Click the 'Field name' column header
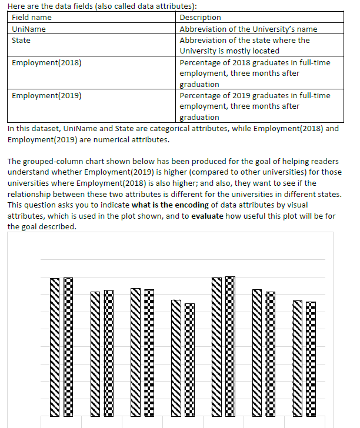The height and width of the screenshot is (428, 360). [x=32, y=18]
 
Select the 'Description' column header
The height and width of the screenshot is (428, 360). [x=200, y=18]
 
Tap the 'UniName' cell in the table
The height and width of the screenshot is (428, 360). [x=29, y=29]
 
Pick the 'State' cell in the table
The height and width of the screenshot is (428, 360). [x=21, y=40]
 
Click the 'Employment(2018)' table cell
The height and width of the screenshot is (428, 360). [x=46, y=62]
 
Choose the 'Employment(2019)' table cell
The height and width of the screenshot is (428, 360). [x=46, y=95]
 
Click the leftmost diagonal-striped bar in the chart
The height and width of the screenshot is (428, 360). [x=54, y=347]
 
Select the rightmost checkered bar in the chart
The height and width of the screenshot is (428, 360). [x=311, y=359]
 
